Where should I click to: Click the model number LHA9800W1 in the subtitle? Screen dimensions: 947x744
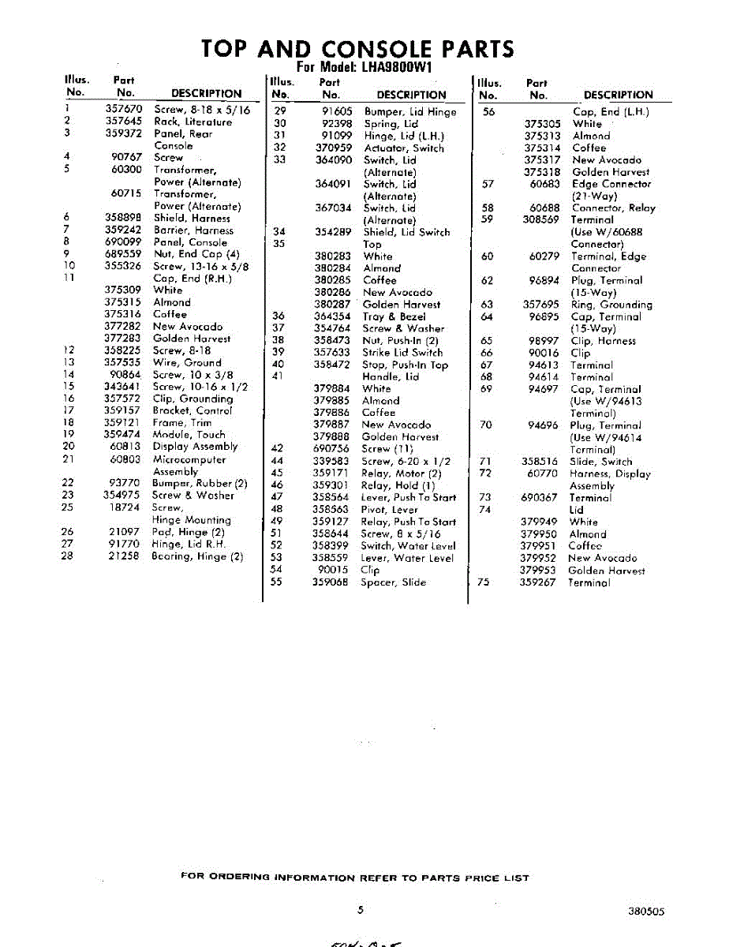397,67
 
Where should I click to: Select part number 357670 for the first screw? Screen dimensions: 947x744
124,110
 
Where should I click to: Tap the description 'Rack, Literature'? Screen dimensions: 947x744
193,122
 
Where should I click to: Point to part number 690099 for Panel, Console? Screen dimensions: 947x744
124,242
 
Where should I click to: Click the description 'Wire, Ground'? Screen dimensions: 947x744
187,362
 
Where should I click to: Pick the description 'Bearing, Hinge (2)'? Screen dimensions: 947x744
197,556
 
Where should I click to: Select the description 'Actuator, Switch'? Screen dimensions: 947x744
403,148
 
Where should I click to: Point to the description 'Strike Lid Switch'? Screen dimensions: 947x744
402,352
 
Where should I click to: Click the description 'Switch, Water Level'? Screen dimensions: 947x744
407,545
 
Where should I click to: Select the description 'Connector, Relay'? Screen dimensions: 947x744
613,208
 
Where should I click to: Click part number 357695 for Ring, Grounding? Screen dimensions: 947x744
540,305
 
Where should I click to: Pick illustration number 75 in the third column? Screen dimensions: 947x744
484,582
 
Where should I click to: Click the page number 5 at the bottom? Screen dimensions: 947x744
360,909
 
